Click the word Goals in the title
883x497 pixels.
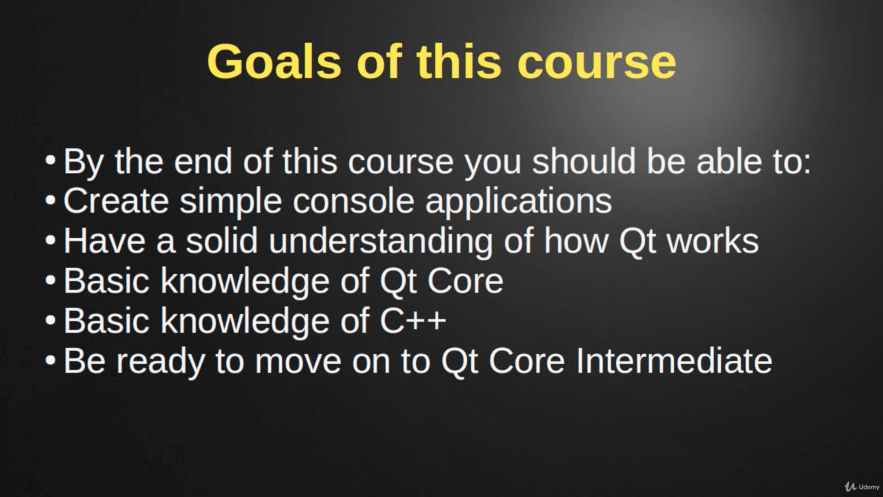coord(274,62)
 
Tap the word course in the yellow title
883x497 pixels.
coord(597,63)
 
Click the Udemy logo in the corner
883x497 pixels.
coord(862,487)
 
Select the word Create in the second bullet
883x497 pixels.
coord(116,201)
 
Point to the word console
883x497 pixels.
coord(353,201)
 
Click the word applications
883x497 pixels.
coord(519,202)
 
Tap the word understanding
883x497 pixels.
coord(381,242)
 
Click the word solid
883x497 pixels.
coord(222,241)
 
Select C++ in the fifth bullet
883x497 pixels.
coord(413,320)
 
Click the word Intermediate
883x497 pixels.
coord(674,361)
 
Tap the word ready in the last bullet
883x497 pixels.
coord(161,363)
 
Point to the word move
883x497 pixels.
coord(298,363)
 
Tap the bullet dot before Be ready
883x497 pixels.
coord(50,360)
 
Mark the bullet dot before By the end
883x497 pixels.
coord(50,160)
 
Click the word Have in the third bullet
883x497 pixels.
coord(104,241)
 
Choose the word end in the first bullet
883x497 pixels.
coord(203,161)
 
